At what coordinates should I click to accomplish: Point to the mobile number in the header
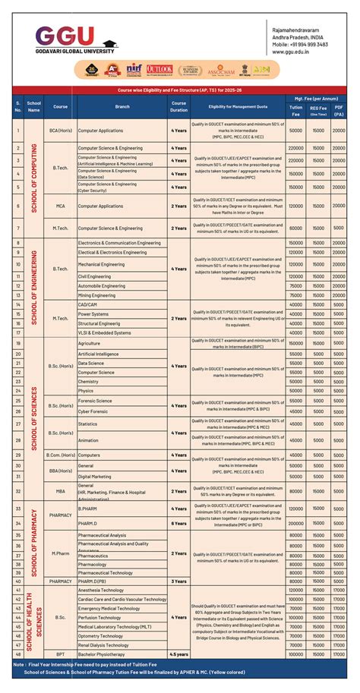tap(300, 44)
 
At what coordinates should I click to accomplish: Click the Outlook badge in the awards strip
tap(159, 70)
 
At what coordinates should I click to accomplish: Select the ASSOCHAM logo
tap(221, 71)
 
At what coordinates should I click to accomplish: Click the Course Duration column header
tap(178, 106)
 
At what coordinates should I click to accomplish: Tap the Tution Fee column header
tap(295, 111)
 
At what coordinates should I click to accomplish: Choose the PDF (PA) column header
tap(339, 111)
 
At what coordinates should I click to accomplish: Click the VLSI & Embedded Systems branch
tap(104, 332)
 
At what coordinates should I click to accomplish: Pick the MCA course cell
tap(60, 206)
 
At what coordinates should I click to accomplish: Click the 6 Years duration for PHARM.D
tap(178, 523)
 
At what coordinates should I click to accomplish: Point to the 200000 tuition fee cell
tap(295, 523)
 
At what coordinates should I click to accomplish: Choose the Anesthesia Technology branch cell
tap(100, 590)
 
